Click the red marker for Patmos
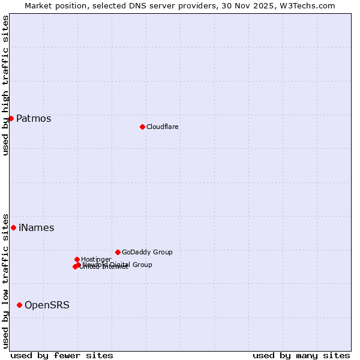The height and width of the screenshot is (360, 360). tap(11, 118)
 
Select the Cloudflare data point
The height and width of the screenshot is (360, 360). tap(142, 127)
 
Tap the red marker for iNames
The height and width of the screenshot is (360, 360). tap(13, 227)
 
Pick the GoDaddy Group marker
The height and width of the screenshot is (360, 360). tap(118, 252)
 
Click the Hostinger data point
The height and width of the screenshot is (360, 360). tap(77, 259)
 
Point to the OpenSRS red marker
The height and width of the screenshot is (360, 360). tap(19, 305)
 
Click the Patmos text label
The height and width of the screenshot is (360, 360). tap(34, 118)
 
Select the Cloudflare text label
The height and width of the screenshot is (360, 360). tap(163, 127)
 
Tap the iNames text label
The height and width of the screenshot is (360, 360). tap(37, 227)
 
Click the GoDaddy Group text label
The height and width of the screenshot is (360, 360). tap(147, 252)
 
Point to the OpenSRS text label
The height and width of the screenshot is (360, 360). tap(47, 305)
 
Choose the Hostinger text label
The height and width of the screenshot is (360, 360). tap(96, 259)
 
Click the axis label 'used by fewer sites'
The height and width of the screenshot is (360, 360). tap(62, 355)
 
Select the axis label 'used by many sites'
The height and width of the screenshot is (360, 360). tap(301, 355)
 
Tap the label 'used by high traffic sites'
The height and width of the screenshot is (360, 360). tap(5, 85)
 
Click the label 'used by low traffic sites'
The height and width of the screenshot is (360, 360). tap(5, 280)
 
